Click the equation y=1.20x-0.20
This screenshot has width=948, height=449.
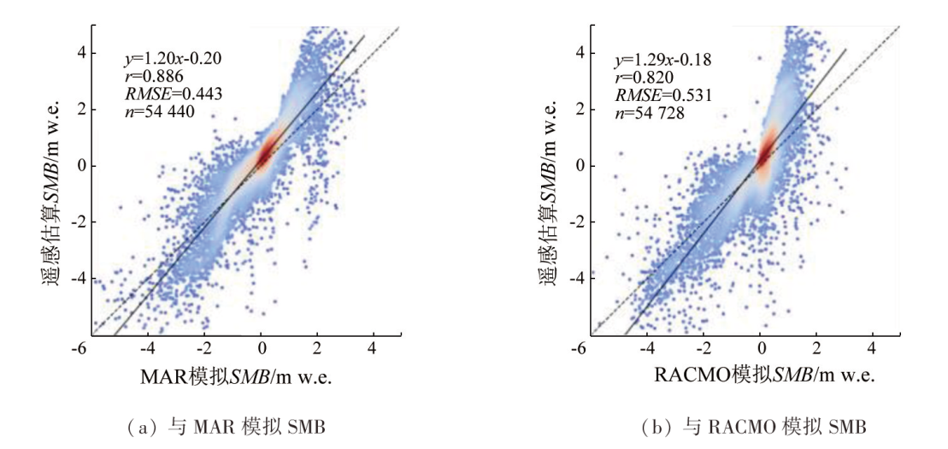tap(161, 59)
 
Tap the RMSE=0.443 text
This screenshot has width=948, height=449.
tap(162, 94)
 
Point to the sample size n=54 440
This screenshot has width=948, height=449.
tap(154, 111)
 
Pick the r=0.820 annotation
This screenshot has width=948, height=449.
tap(644, 76)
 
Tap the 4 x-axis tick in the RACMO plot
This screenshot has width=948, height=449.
tap(871, 349)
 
